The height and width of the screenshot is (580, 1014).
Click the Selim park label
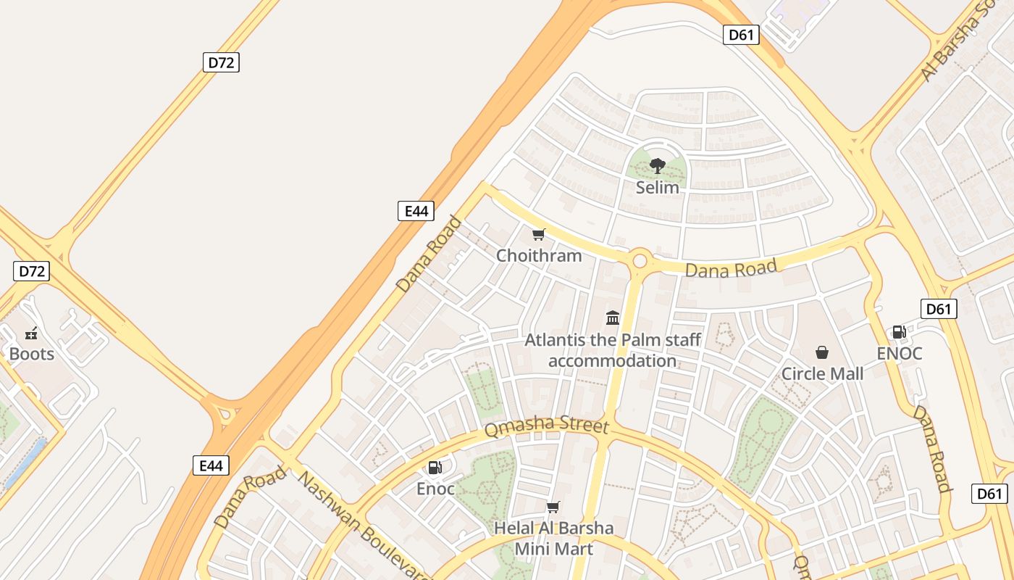pyautogui.click(x=657, y=187)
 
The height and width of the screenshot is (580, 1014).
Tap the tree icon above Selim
pyautogui.click(x=657, y=166)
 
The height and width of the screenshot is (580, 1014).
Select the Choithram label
pyautogui.click(x=539, y=255)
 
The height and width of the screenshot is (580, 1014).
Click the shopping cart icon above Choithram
pyautogui.click(x=538, y=234)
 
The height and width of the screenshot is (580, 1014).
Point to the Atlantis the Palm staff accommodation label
pyautogui.click(x=613, y=350)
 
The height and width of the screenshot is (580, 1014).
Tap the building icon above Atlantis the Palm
pyautogui.click(x=613, y=318)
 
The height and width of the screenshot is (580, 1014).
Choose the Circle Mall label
pyautogui.click(x=822, y=373)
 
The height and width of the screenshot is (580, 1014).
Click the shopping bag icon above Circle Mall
pyautogui.click(x=822, y=352)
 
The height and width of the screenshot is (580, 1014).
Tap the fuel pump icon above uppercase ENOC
pyautogui.click(x=899, y=332)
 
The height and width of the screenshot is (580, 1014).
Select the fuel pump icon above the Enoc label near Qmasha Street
pyautogui.click(x=435, y=468)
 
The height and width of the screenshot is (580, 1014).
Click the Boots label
pyautogui.click(x=32, y=354)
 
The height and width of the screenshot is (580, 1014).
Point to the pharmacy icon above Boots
pyautogui.click(x=31, y=333)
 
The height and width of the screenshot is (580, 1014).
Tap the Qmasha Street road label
pyautogui.click(x=546, y=426)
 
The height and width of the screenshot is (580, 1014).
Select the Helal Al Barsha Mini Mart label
pyautogui.click(x=553, y=538)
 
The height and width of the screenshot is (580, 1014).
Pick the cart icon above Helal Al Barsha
pyautogui.click(x=553, y=507)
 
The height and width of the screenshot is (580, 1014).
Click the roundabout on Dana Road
pyautogui.click(x=640, y=260)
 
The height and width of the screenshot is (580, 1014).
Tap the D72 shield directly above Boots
pyautogui.click(x=32, y=271)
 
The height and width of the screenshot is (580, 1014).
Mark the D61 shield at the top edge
pyautogui.click(x=741, y=34)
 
